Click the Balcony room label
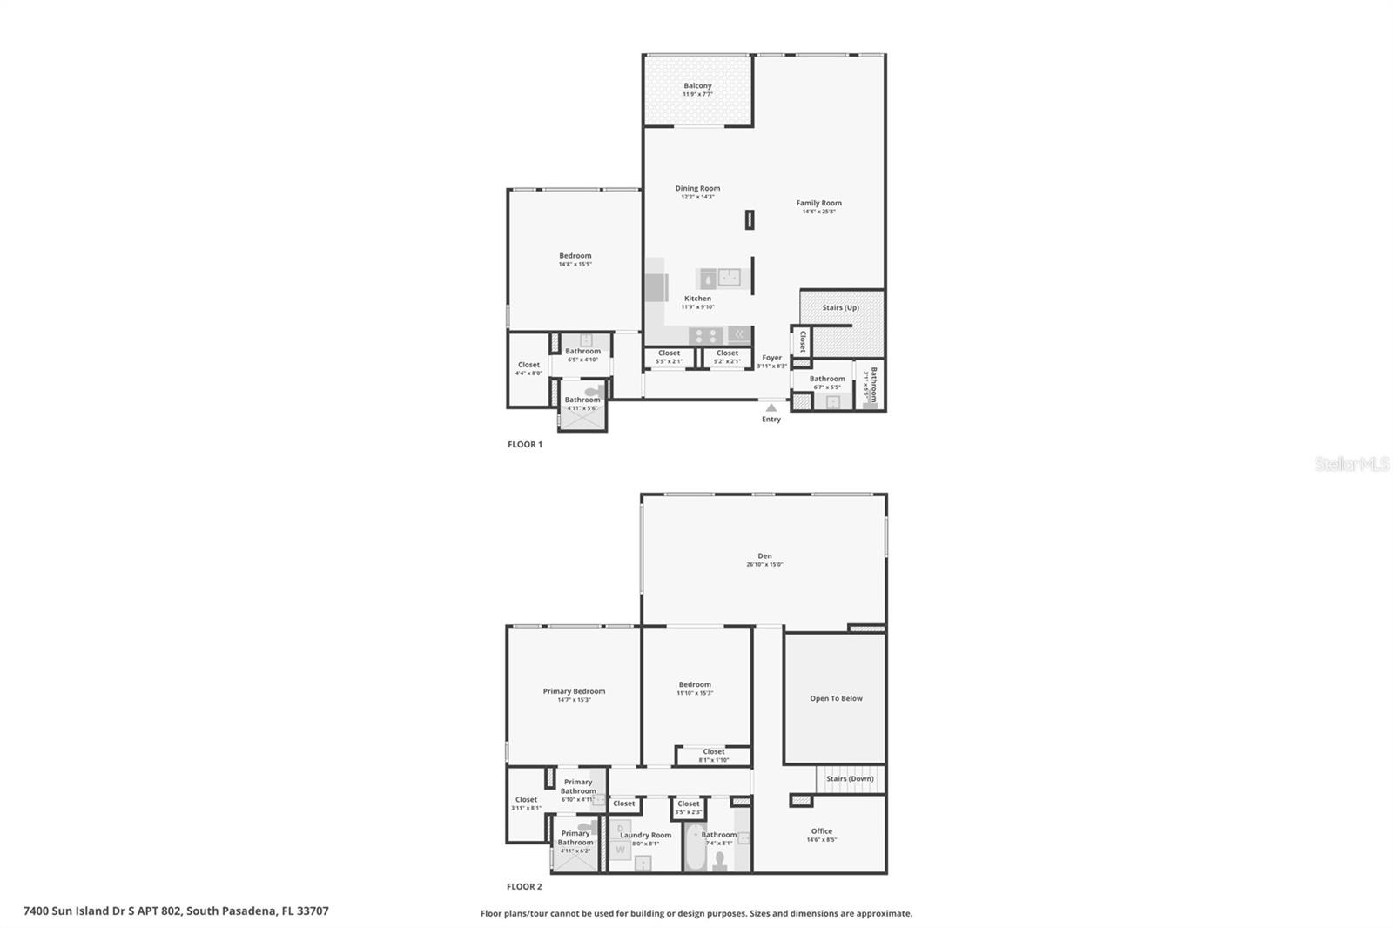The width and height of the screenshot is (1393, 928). click(697, 86)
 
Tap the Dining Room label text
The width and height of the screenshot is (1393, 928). click(697, 188)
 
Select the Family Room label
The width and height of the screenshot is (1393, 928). click(818, 204)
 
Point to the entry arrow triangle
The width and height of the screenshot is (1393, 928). click(771, 407)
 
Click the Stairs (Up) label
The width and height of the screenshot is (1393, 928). click(840, 307)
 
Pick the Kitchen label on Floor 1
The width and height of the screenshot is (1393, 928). click(697, 299)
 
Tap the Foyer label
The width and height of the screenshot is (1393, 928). click(771, 358)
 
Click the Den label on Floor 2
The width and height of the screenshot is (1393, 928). click(764, 556)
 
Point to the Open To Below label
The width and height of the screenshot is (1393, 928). click(836, 698)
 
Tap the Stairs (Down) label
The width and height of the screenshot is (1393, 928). click(849, 778)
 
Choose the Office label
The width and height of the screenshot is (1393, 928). click(821, 831)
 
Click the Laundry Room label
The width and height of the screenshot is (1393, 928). click(645, 835)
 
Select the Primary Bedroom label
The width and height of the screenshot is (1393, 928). click(574, 691)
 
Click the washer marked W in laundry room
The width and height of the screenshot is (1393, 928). click(620, 849)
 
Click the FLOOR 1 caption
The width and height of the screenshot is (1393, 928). click(525, 445)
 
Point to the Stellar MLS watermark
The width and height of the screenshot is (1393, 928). click(1351, 464)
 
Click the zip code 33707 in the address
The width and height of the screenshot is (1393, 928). click(312, 911)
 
